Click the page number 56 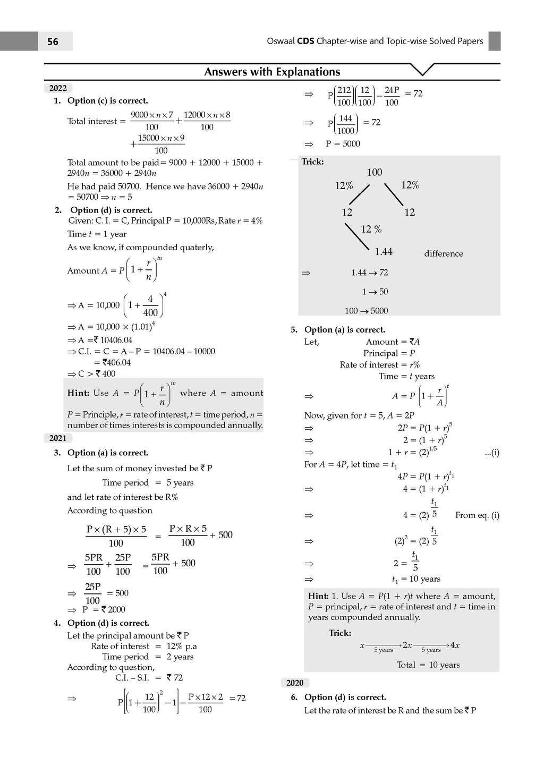[53, 41]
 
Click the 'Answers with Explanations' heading [272, 72]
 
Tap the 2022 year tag [58, 88]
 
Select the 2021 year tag [58, 438]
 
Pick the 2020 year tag [295, 683]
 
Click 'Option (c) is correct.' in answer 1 [107, 101]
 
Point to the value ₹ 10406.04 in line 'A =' [113, 340]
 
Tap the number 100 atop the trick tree [375, 172]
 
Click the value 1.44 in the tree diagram [384, 252]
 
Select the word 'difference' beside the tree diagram [444, 254]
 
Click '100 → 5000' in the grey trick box [366, 311]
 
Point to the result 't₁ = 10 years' [416, 579]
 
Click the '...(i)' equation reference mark [492, 453]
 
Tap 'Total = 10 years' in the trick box [428, 665]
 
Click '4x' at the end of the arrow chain [455, 645]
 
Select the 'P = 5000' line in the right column [343, 144]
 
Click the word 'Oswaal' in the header [280, 41]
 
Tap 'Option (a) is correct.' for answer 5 [345, 330]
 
